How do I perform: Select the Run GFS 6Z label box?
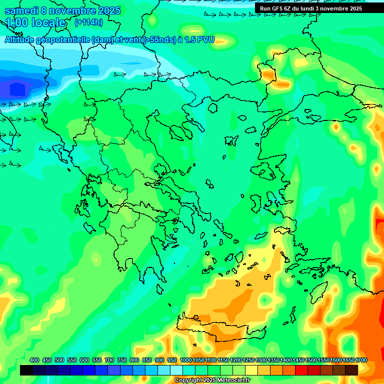click(310, 8)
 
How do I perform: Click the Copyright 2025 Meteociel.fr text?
click(212, 380)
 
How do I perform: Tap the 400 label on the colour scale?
click(34, 360)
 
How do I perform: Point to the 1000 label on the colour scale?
click(185, 360)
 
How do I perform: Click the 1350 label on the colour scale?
click(273, 360)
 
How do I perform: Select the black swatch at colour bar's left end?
click(26, 370)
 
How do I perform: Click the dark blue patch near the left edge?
click(15, 89)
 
